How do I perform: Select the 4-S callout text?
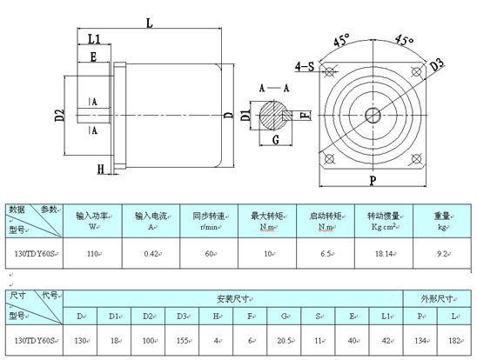coord(306,65)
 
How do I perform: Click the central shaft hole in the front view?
coord(372,115)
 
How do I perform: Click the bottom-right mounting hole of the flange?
coord(416,159)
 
